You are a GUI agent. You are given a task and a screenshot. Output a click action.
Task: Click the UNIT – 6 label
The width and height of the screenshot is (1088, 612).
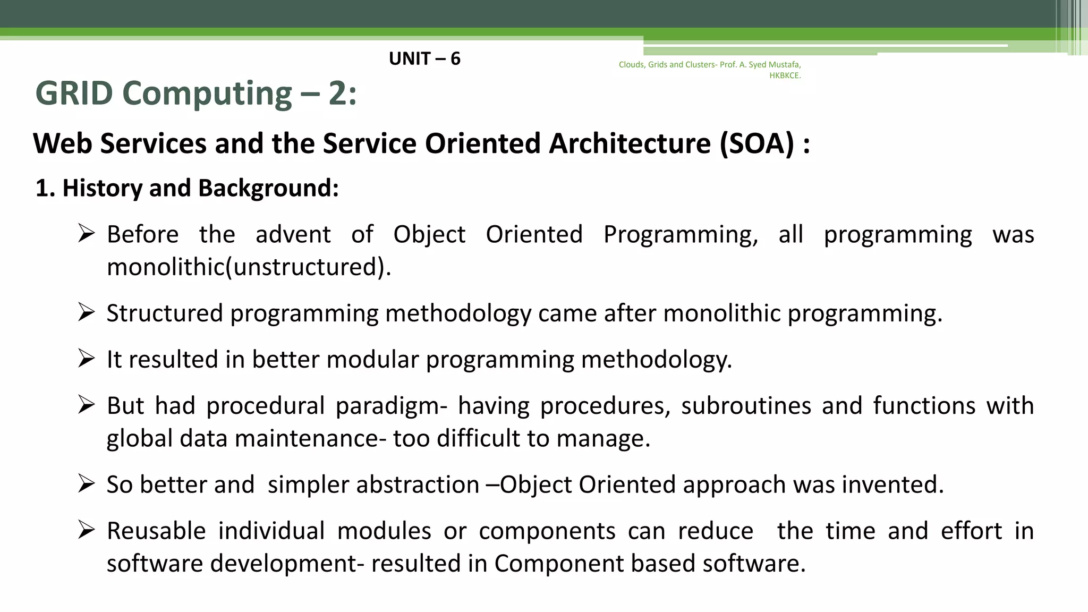pos(424,58)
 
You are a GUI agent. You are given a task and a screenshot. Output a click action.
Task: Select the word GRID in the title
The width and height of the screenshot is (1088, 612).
pos(74,93)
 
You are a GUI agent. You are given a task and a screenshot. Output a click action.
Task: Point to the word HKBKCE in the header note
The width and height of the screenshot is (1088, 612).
pos(785,75)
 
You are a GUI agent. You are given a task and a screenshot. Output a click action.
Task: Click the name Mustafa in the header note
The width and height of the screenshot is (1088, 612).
pos(784,65)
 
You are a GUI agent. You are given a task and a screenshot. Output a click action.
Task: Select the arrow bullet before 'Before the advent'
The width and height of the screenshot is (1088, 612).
pos(86,233)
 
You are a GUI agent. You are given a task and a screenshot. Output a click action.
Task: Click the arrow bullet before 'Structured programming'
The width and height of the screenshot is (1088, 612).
pos(86,312)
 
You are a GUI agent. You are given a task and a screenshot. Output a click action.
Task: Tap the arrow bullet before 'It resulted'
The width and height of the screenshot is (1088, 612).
pos(86,358)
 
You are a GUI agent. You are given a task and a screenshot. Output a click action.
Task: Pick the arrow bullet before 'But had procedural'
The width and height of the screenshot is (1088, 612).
pos(86,405)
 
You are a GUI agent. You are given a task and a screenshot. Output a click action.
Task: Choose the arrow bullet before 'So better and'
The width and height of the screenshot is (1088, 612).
pos(86,483)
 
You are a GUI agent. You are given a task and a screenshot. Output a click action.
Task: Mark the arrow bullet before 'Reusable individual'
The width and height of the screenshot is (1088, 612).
pos(86,530)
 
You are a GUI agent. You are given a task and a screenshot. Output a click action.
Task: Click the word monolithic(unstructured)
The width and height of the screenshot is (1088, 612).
pos(249,267)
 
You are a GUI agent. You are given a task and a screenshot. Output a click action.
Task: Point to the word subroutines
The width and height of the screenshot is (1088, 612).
pos(746,406)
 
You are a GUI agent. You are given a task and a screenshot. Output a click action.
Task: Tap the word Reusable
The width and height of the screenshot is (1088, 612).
pos(156,531)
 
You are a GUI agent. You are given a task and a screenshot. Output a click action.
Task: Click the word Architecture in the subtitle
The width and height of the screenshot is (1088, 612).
pos(630,143)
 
